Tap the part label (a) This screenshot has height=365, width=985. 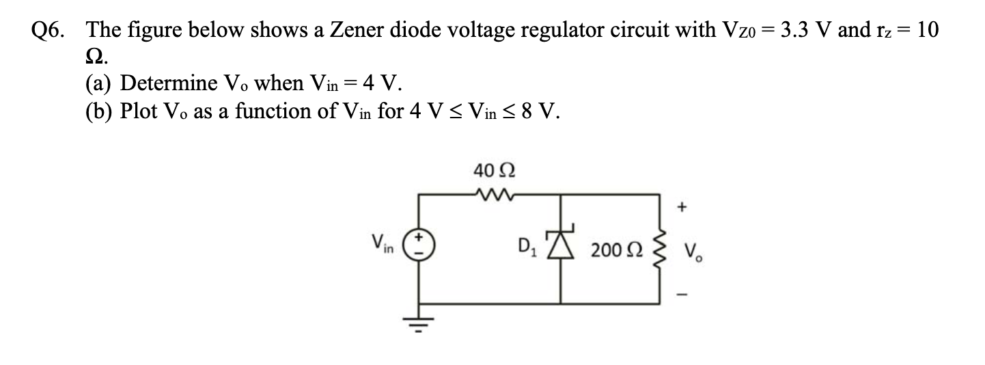pos(100,84)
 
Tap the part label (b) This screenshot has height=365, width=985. pos(100,112)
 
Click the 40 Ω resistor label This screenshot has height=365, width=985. pos(489,169)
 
